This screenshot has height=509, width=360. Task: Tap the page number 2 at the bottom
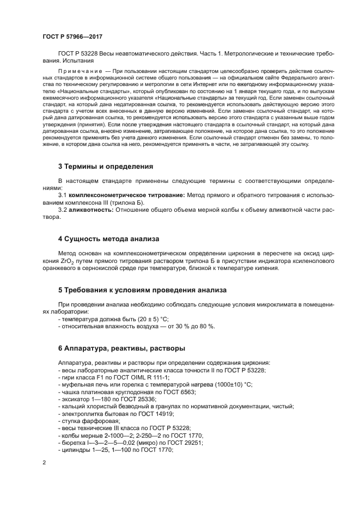coord(44,463)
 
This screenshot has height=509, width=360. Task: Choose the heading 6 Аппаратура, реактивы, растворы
coord(121,348)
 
